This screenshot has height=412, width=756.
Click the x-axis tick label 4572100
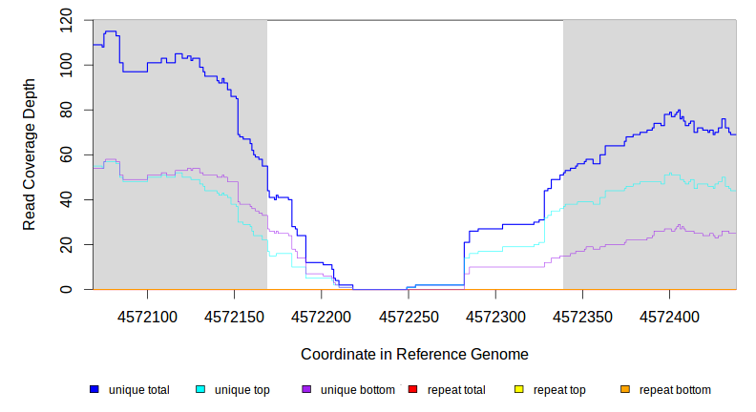[x=147, y=316]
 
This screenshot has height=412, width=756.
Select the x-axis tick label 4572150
[x=234, y=316]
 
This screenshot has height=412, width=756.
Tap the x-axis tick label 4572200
[x=321, y=316]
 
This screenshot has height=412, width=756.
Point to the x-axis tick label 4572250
[x=409, y=316]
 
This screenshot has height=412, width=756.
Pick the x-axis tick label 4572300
[x=495, y=316]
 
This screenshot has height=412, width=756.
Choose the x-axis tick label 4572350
[x=582, y=316]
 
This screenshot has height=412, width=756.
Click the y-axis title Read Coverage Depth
[x=30, y=154]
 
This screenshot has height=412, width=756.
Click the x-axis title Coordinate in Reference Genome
[x=414, y=354]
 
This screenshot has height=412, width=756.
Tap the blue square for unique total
[x=94, y=390]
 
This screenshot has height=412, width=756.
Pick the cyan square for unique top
[x=200, y=390]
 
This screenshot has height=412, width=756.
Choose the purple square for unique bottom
[x=306, y=390]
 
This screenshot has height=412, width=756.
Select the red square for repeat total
[x=412, y=390]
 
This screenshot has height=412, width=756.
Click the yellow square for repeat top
[x=519, y=390]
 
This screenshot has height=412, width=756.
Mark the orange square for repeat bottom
[x=625, y=390]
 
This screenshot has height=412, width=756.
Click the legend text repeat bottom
[x=675, y=390]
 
